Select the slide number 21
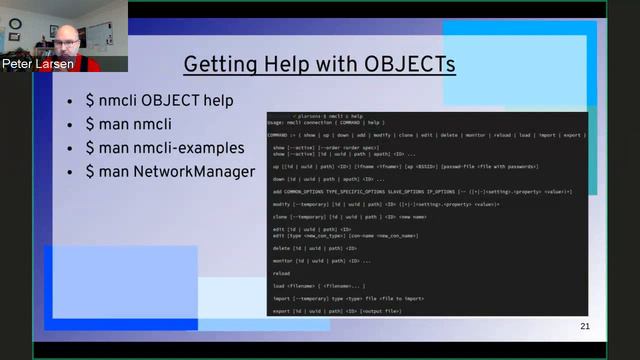pos(585,327)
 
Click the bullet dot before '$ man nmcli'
pos(69,126)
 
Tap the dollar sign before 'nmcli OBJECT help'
pos(90,102)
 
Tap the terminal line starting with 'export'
pos(336,310)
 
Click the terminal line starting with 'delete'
pos(315,248)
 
